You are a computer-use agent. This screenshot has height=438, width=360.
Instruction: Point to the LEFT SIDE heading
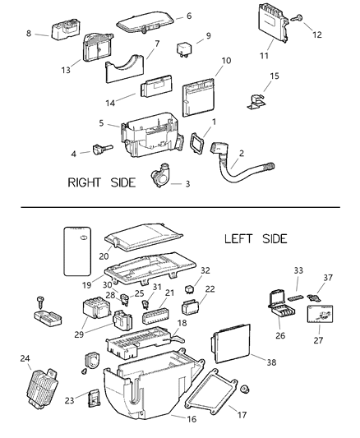click(255, 239)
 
